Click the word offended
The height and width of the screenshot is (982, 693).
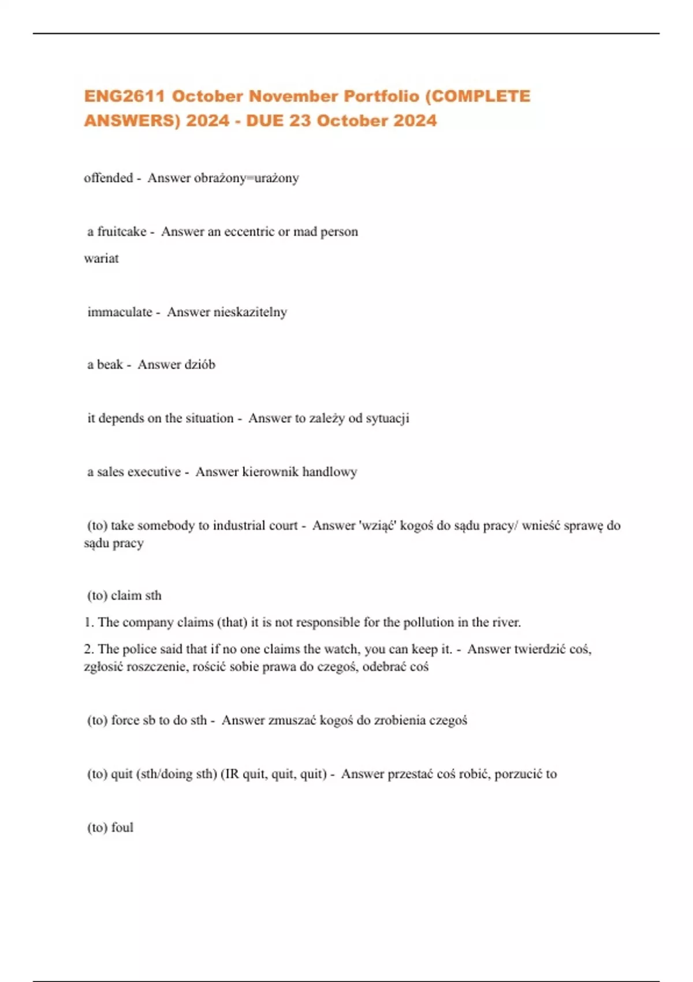[x=108, y=178]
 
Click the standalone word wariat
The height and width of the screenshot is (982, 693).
[x=101, y=258]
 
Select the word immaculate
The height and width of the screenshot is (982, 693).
[x=120, y=312]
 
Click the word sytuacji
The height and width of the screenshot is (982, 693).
[x=387, y=418]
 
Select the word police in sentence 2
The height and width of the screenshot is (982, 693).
[x=140, y=649]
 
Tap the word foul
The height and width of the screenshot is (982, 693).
[x=122, y=828]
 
